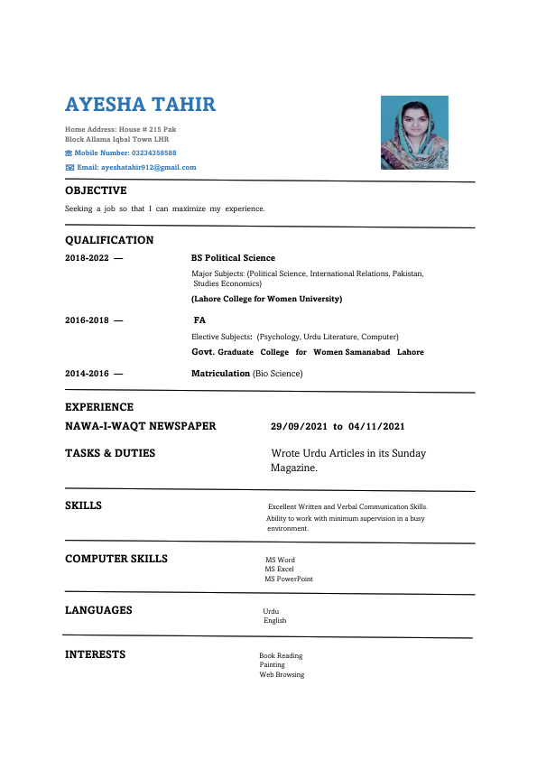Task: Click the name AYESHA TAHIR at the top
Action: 140,104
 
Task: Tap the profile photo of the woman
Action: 414,132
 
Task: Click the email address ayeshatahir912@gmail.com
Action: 148,167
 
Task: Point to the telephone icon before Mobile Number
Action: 69,153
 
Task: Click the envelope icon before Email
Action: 69,167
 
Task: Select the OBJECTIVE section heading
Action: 96,190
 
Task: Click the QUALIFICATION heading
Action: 109,240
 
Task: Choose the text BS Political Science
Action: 233,258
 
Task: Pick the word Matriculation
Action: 220,373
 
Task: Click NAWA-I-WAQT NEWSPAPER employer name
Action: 140,426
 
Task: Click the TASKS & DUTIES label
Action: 110,453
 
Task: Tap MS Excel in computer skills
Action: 279,570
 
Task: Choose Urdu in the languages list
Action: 271,611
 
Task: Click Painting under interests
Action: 272,664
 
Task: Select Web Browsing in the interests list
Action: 282,674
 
